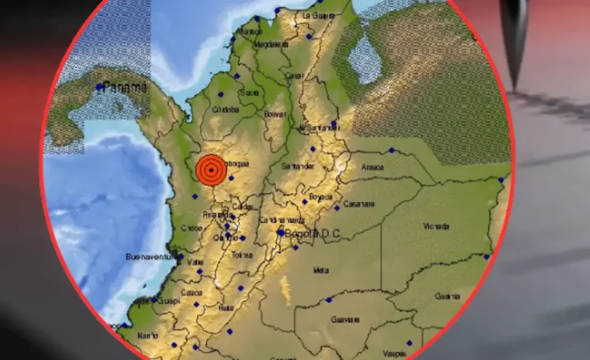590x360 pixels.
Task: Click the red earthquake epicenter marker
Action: (x=211, y=170)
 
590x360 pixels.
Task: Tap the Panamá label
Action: (x=124, y=86)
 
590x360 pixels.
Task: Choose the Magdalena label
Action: (x=270, y=44)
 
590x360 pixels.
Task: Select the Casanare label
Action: (x=359, y=204)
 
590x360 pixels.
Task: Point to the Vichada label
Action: (x=436, y=226)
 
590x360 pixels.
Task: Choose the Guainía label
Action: (x=447, y=295)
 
